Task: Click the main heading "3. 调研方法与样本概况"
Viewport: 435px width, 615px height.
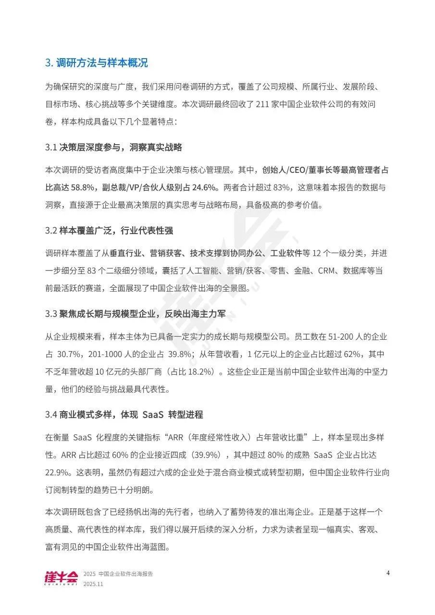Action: click(x=97, y=63)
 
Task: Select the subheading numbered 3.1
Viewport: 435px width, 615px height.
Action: click(x=113, y=147)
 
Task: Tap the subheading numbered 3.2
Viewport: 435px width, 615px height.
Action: click(x=109, y=231)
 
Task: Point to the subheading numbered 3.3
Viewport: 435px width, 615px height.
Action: click(x=135, y=314)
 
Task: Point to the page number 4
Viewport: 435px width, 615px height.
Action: click(x=388, y=573)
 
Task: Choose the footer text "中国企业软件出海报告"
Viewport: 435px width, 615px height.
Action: click(x=126, y=574)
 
